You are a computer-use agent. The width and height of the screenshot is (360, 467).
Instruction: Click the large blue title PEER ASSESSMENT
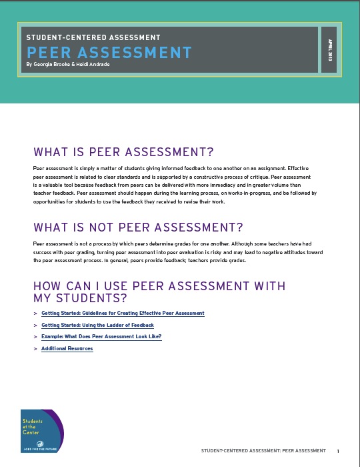pyautogui.click(x=108, y=53)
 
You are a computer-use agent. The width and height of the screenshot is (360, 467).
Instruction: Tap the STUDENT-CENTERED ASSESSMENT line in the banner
pyautogui.click(x=93, y=38)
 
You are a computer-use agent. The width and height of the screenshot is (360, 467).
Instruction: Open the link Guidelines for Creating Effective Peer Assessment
pyautogui.click(x=123, y=313)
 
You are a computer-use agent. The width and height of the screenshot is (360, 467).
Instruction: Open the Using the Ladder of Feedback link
pyautogui.click(x=97, y=325)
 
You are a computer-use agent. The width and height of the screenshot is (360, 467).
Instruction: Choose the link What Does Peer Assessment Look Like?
pyautogui.click(x=101, y=337)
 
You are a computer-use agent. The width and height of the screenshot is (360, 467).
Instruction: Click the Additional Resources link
pyautogui.click(x=67, y=349)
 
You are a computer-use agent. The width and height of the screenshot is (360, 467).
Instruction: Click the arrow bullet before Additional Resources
pyautogui.click(x=35, y=349)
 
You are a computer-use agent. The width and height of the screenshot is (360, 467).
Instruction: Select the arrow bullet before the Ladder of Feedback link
pyautogui.click(x=35, y=325)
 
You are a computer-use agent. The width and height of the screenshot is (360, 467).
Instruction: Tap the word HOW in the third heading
pyautogui.click(x=47, y=286)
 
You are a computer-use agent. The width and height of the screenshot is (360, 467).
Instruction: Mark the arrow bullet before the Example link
pyautogui.click(x=35, y=337)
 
